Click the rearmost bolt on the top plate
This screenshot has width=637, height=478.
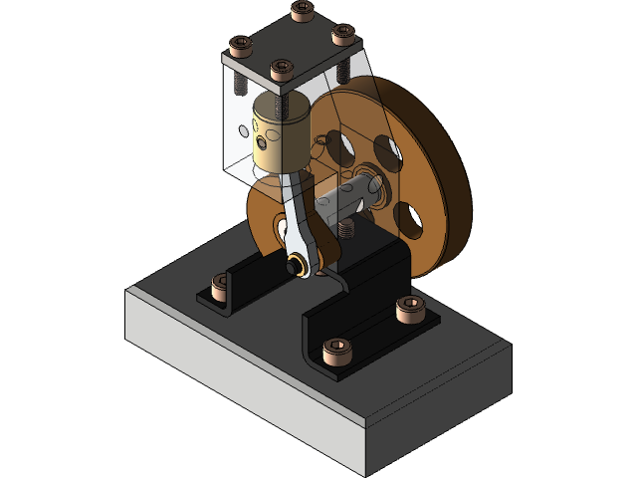point(302,10)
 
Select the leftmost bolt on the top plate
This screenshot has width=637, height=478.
point(241,46)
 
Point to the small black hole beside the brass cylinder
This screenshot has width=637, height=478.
point(244,129)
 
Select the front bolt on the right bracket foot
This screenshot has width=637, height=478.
point(337,351)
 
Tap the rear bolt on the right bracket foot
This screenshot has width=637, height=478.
point(408,310)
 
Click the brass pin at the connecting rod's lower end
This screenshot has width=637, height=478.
point(296,266)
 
